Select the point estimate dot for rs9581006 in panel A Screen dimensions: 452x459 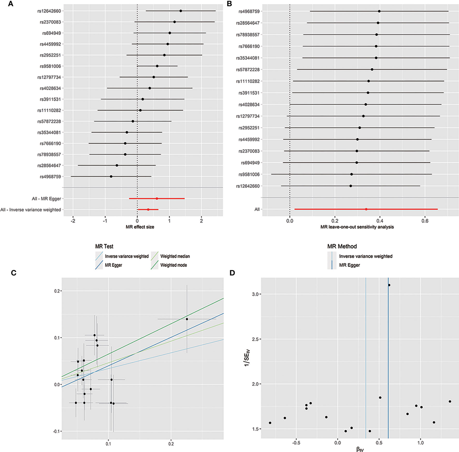(157, 66)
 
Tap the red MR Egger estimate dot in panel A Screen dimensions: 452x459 (156, 198)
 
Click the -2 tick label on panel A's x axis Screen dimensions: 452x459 (73, 221)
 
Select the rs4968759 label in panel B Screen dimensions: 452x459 (249, 11)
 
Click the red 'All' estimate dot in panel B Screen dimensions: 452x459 (366, 209)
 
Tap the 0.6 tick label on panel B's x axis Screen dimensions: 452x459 (425, 221)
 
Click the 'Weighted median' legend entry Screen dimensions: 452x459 (175, 256)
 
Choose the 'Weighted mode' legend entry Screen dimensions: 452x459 (173, 265)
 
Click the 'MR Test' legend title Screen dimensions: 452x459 (104, 247)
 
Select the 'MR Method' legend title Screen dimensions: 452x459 (342, 247)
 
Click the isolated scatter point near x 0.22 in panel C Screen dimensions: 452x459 (187, 319)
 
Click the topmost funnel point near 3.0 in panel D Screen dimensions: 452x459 (389, 285)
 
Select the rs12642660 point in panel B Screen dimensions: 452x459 (350, 186)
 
